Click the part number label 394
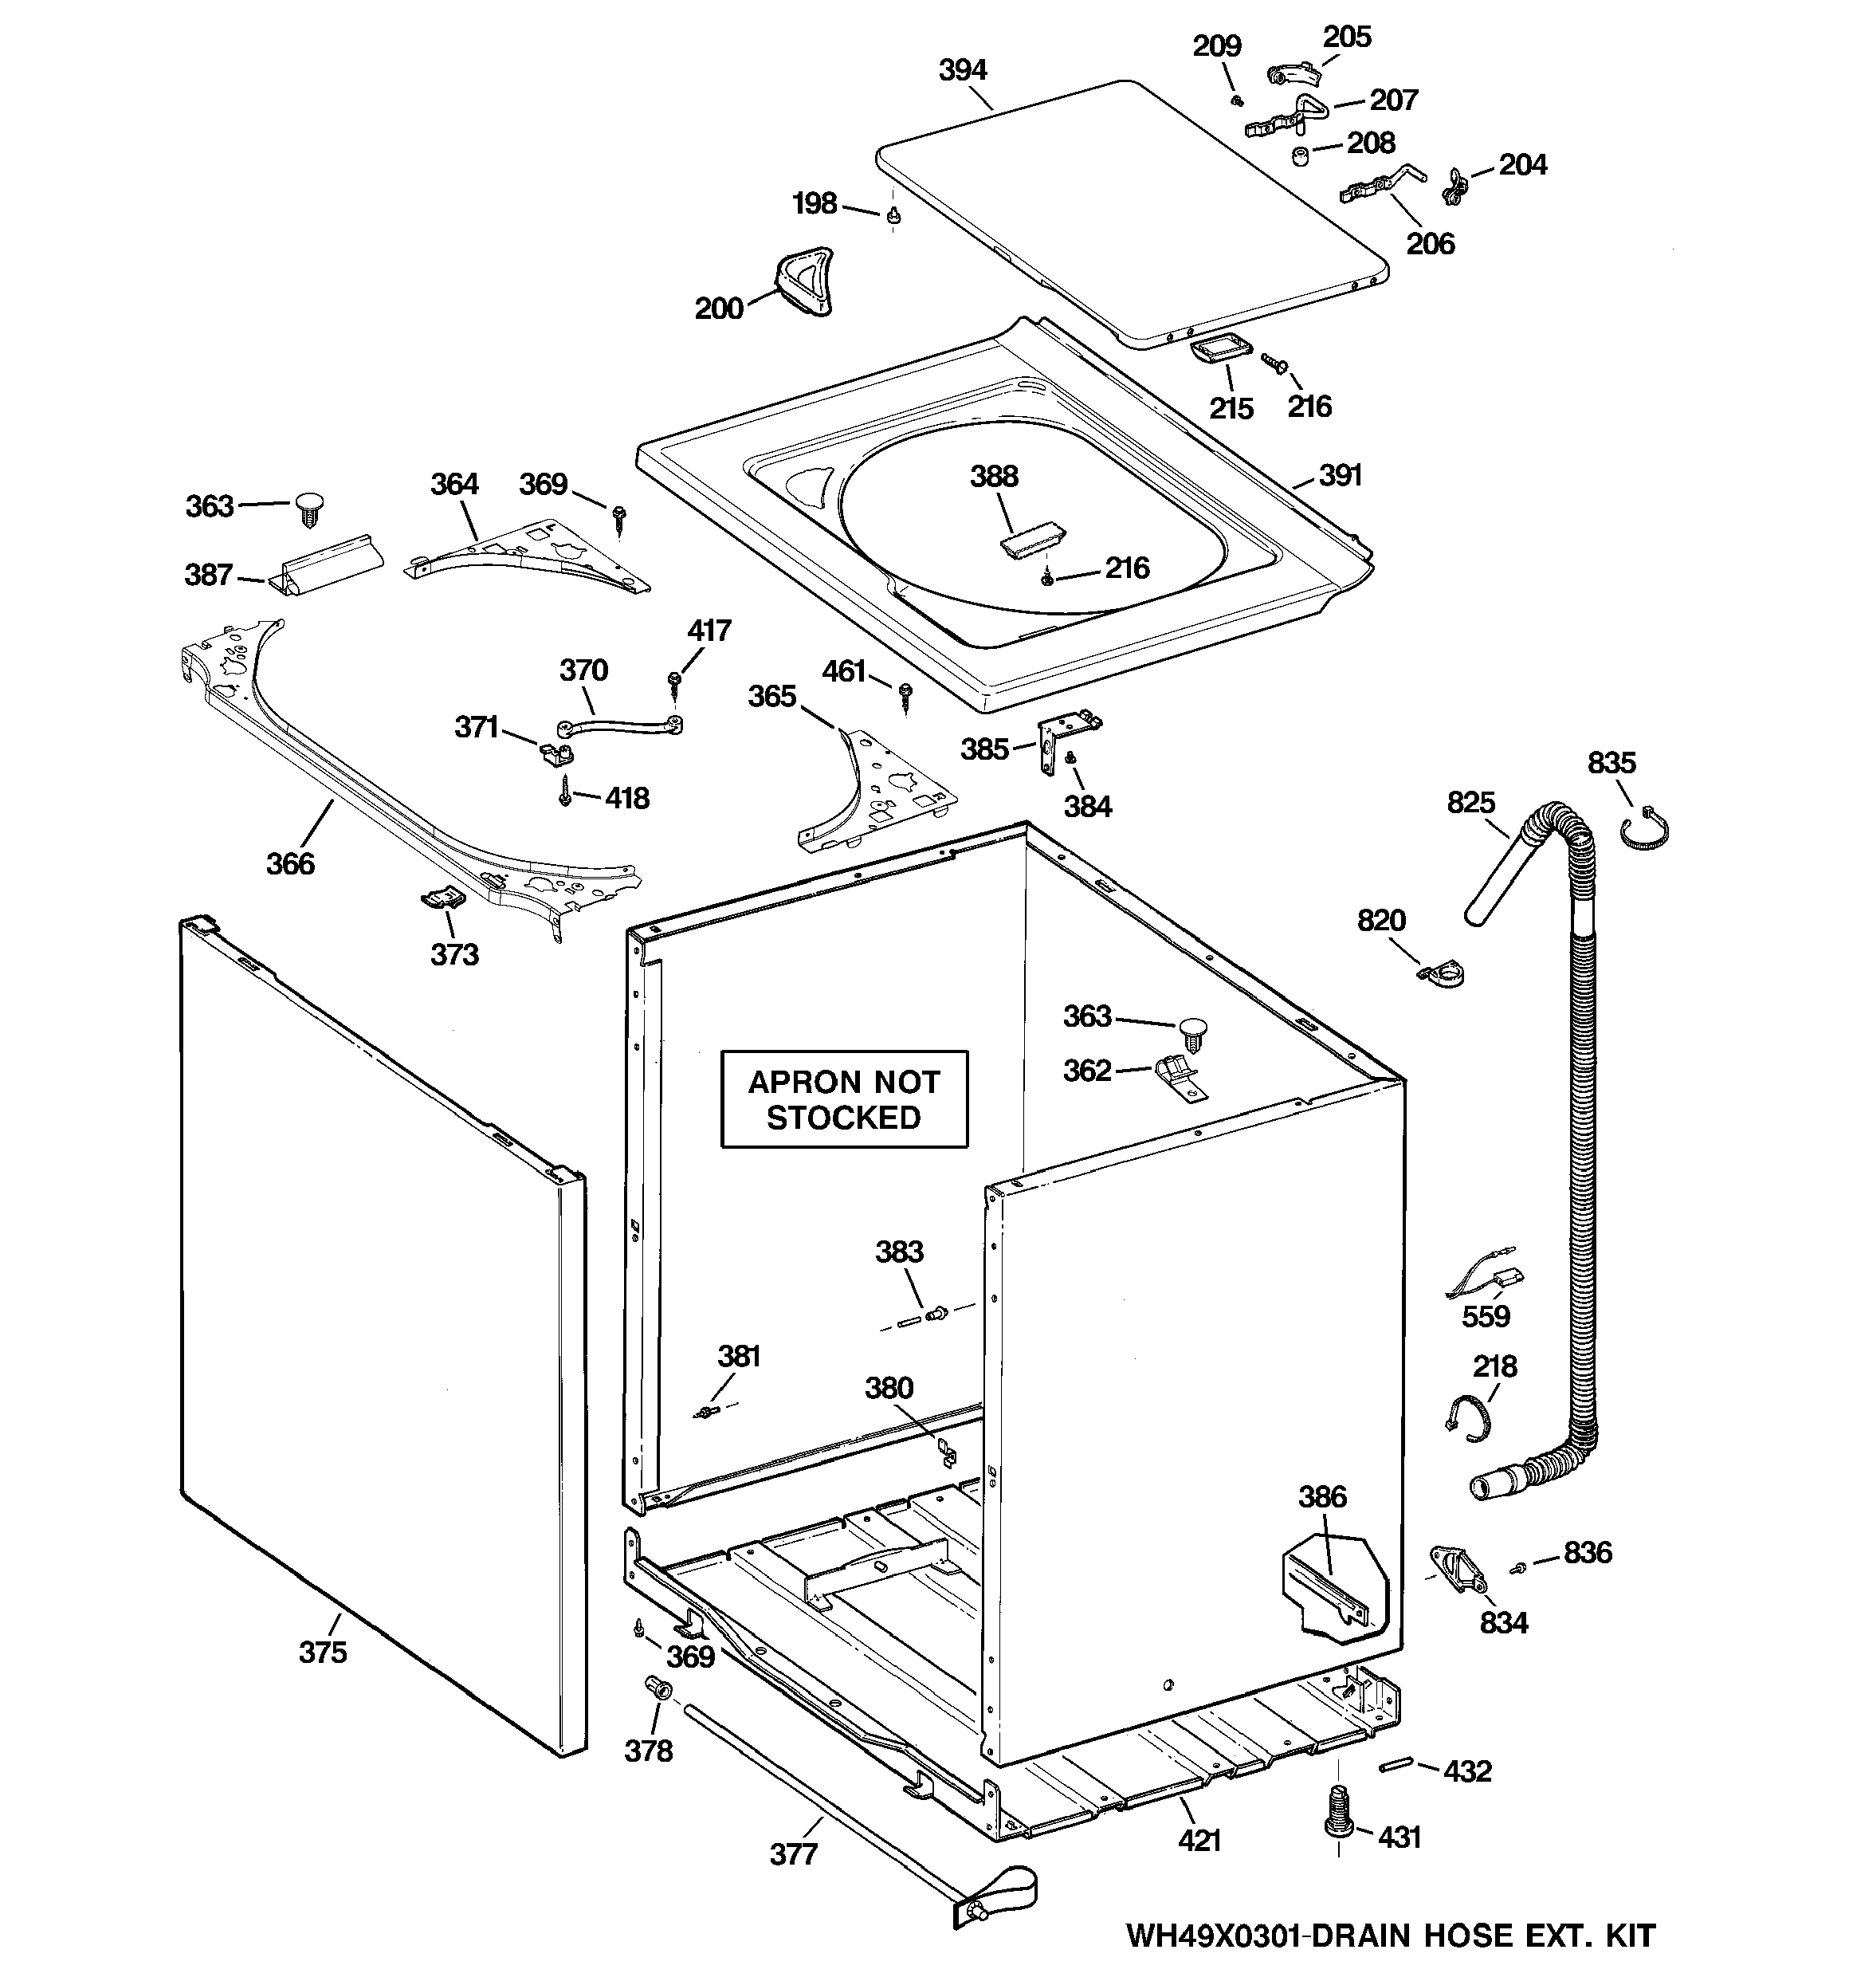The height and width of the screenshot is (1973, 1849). [x=962, y=70]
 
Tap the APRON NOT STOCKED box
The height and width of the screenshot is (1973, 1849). [x=844, y=1099]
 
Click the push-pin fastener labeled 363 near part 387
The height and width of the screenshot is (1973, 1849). [x=308, y=509]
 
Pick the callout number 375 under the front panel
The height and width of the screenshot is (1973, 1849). [x=323, y=1653]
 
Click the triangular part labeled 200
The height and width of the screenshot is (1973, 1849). [x=805, y=282]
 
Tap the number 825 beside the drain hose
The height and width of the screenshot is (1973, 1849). [x=1470, y=802]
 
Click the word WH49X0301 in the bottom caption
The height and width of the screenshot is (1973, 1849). [x=1214, y=1936]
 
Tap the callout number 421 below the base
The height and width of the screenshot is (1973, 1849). [x=1199, y=1841]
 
